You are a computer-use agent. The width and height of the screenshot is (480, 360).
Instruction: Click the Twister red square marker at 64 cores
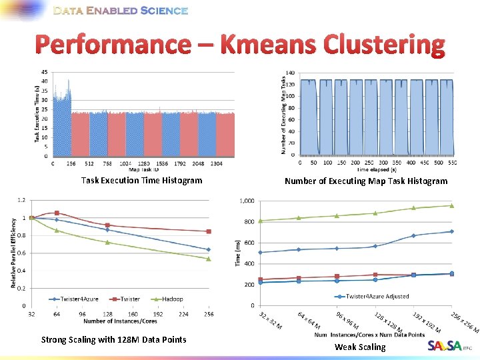point(57,213)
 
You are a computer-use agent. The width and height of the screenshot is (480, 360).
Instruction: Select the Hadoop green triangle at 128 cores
point(107,242)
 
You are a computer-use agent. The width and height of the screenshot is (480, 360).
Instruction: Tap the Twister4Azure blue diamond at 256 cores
point(209,250)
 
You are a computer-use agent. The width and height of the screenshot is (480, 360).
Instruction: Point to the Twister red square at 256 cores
point(209,231)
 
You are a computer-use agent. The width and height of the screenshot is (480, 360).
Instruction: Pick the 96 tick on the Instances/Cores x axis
point(82,313)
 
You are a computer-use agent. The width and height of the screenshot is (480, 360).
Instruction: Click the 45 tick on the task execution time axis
point(44,72)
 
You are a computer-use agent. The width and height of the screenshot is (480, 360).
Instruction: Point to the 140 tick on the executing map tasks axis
point(291,72)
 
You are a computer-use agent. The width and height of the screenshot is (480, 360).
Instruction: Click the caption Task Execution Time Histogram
point(141,180)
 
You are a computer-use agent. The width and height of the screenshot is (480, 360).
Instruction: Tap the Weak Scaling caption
point(360,347)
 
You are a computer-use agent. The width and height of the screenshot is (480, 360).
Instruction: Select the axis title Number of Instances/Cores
point(120,321)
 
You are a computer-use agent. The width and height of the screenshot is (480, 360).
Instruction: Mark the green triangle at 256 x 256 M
point(451,205)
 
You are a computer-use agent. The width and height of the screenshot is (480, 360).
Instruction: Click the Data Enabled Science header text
point(120,11)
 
